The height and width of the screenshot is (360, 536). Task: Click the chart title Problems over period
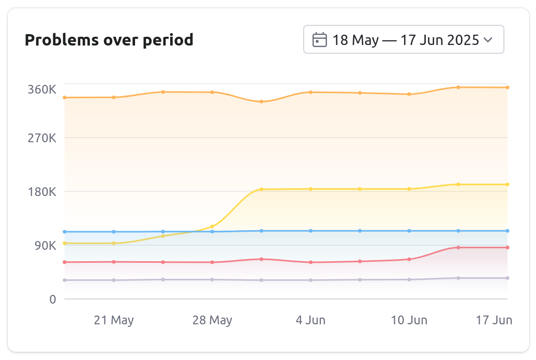(x=109, y=40)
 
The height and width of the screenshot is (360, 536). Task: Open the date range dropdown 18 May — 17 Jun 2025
(x=403, y=40)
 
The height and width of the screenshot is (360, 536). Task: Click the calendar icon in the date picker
(x=320, y=40)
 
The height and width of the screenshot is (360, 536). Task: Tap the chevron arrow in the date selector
(x=487, y=40)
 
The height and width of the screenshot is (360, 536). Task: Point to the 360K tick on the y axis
(x=42, y=89)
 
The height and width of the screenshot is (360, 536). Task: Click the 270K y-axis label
(x=42, y=138)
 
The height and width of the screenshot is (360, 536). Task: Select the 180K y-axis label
(x=42, y=192)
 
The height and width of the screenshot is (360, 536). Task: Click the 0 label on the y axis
(x=53, y=299)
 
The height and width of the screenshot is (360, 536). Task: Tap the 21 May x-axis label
(x=114, y=320)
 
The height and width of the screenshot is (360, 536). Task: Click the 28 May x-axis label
(x=212, y=320)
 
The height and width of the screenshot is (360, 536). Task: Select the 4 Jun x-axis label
(x=310, y=320)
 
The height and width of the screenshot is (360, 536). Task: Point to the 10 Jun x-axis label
(x=409, y=320)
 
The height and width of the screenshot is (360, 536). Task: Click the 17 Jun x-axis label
(x=494, y=320)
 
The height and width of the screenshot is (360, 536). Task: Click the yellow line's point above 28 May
(x=212, y=227)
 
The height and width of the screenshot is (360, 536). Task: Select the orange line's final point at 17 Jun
(x=508, y=87)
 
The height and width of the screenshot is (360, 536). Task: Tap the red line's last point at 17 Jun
(x=508, y=248)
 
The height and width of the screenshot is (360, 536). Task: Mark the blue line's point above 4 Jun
(x=310, y=231)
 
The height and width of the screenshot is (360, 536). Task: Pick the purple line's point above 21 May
(x=114, y=280)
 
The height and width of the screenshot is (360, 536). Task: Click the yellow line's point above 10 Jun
(x=409, y=189)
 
